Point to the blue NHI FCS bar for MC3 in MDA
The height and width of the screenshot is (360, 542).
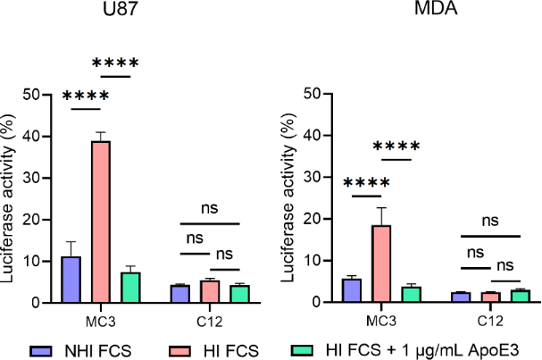[352, 290]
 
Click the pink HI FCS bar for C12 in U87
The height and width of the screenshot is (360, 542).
[209, 292]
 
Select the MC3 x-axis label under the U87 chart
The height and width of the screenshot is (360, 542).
[100, 315]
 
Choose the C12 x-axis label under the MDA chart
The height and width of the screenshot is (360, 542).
[490, 315]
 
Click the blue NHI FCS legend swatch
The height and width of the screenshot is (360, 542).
[38, 347]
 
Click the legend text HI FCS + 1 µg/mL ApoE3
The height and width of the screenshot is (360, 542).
[433, 347]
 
